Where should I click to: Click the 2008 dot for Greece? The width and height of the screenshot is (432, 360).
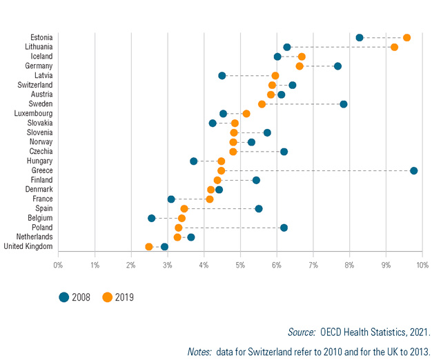[x=413, y=170]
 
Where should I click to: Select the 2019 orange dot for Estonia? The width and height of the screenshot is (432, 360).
[x=406, y=37]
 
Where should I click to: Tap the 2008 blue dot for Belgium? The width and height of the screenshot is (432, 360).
[x=152, y=218]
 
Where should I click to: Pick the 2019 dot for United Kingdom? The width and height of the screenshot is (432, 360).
[x=149, y=246]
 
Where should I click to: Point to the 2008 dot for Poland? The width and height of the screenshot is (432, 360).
[x=284, y=228]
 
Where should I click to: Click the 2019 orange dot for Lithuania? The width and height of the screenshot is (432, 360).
[x=394, y=47]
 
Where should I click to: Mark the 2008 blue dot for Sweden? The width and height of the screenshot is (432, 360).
[x=344, y=104]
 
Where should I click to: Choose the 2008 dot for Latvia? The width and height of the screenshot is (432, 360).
[x=222, y=75]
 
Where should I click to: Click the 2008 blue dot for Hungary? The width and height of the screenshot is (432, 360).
[x=194, y=161]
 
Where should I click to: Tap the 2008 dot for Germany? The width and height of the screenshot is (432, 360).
[x=337, y=66]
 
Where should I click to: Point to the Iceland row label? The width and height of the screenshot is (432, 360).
[x=41, y=56]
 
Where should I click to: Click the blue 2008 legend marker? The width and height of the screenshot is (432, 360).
[x=64, y=297]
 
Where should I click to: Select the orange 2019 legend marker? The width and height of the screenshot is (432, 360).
[x=107, y=297]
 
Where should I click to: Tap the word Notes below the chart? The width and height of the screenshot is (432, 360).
[x=200, y=351]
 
